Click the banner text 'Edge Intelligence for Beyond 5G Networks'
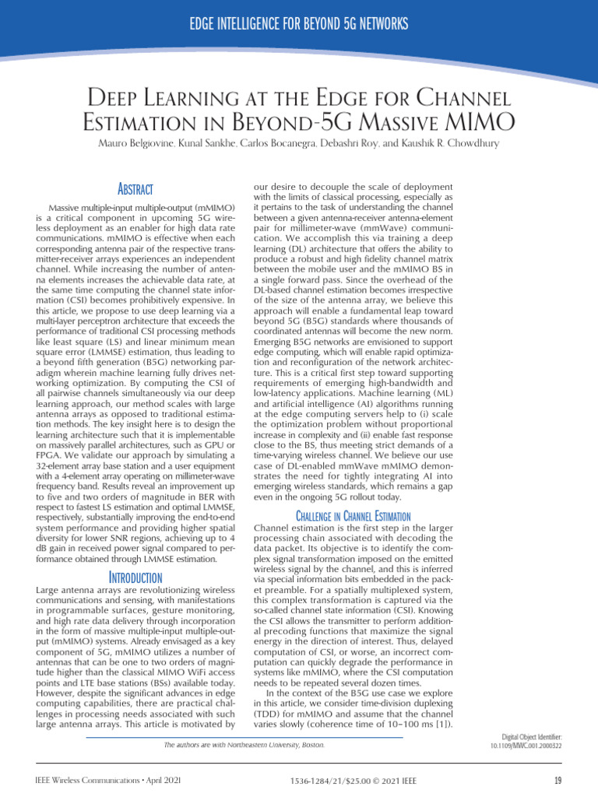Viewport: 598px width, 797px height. click(x=298, y=25)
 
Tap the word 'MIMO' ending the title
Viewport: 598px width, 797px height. click(x=478, y=122)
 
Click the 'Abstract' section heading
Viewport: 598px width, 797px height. click(x=133, y=190)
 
